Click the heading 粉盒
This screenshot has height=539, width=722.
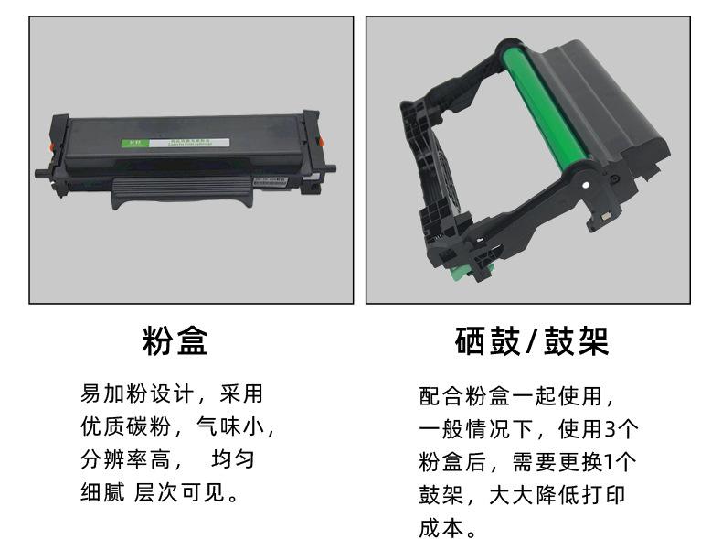(x=175, y=340)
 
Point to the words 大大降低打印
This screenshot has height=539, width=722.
(x=557, y=495)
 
